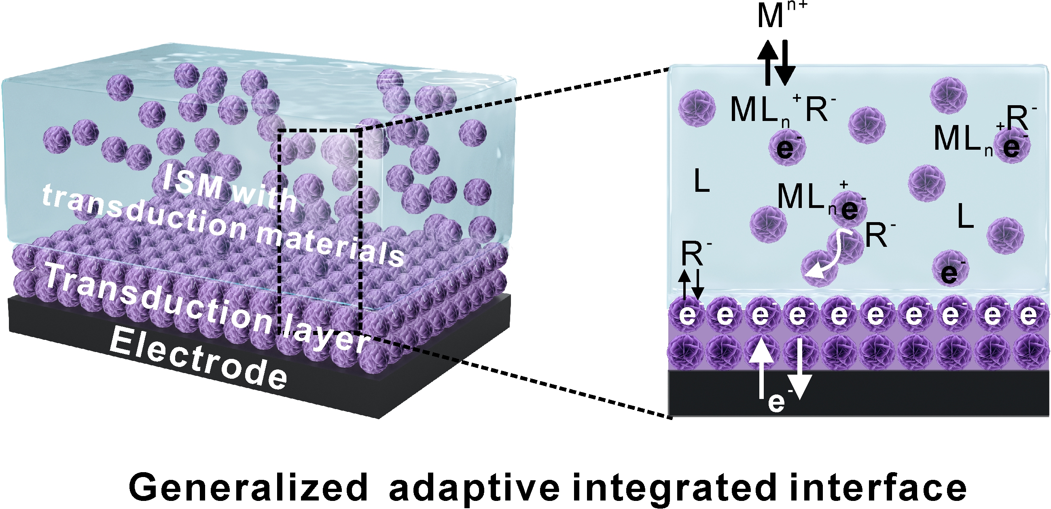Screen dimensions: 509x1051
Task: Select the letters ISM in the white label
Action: point(192,182)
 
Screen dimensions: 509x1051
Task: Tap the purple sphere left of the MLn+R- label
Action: point(697,108)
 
